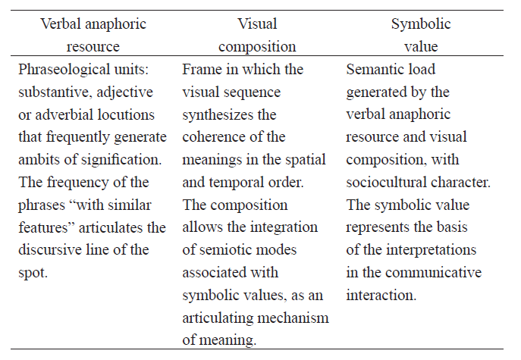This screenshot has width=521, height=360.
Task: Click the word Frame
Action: (201, 70)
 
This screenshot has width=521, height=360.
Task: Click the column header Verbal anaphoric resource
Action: (93, 35)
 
